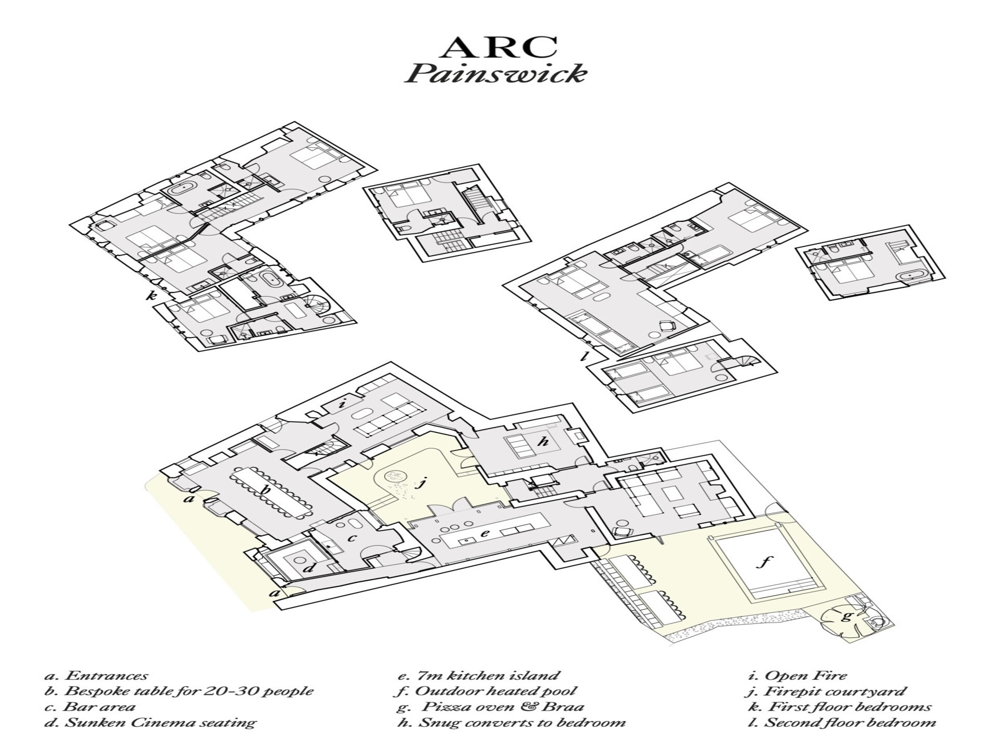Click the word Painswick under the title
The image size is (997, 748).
point(496,74)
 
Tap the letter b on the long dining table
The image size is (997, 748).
point(266,489)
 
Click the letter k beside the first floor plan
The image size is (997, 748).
point(151,296)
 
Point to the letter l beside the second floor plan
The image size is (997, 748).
point(585,356)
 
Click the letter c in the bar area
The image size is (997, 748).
point(352,538)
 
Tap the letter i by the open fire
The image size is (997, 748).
point(342,404)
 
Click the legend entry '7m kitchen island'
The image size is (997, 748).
point(477,676)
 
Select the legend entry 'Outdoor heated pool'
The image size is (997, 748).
point(485,691)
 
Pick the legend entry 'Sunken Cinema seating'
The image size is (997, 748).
point(150,723)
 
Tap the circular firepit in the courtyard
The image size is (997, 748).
point(395,475)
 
